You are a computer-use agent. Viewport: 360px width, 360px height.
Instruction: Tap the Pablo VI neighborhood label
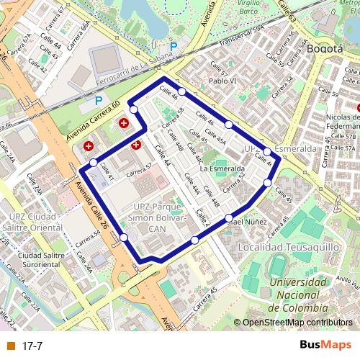tap(223, 81)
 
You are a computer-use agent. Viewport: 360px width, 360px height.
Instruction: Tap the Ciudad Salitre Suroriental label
tap(48, 259)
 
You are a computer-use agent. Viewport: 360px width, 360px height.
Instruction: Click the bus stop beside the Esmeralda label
tap(267, 151)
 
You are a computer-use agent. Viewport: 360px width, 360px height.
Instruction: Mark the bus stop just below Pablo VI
tap(183, 91)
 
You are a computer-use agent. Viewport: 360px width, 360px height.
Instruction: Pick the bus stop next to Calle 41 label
tap(93, 163)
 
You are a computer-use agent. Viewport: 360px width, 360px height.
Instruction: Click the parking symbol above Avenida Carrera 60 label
tap(99, 102)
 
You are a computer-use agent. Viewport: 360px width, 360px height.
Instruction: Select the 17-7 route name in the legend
tap(32, 346)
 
